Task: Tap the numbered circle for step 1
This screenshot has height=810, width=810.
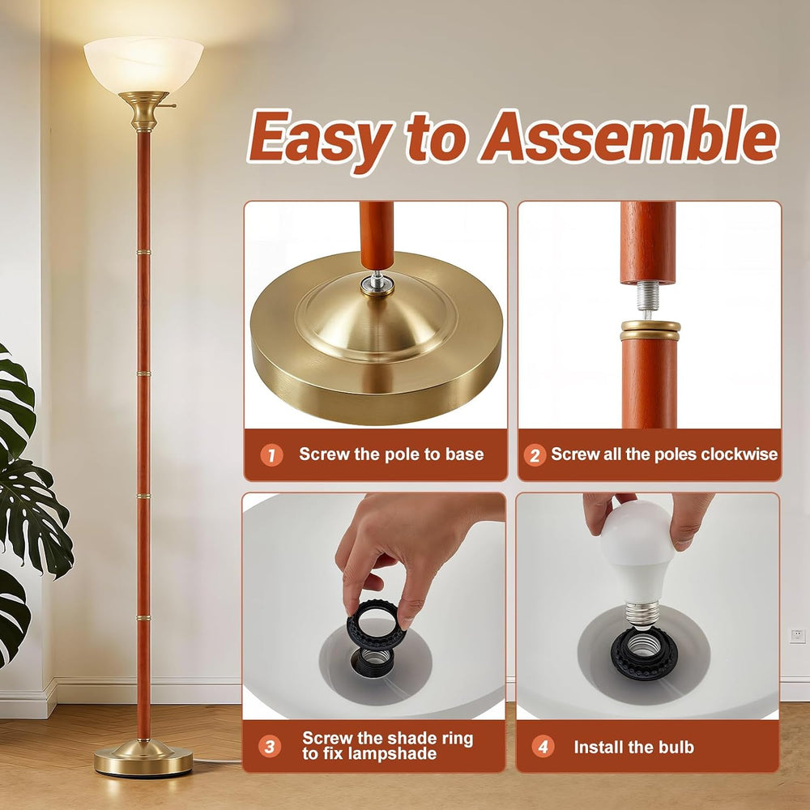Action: pos(271,455)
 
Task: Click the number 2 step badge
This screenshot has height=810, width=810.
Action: pos(535,455)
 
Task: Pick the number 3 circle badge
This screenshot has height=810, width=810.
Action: pos(270,747)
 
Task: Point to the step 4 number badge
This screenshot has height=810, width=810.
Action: pos(543,747)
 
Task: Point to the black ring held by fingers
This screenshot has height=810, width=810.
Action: pos(373,625)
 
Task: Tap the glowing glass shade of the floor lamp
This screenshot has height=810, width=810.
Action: pos(143,65)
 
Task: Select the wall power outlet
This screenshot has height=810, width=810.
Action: pos(797,635)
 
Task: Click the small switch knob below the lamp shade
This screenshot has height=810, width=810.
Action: pos(171,106)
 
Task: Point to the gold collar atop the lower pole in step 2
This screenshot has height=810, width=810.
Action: pos(650,330)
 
